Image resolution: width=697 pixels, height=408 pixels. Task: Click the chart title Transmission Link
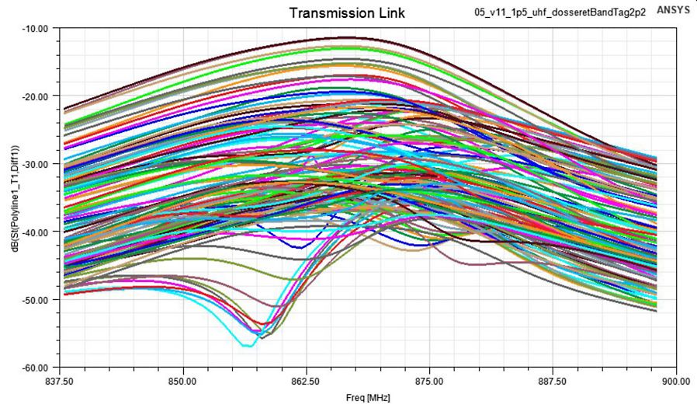click(347, 13)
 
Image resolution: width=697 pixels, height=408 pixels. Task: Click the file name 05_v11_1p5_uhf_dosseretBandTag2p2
click(560, 13)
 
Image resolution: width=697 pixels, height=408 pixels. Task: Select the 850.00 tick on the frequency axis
click(183, 382)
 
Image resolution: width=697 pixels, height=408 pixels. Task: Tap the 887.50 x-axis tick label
click(553, 382)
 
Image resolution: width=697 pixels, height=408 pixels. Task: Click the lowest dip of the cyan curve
click(247, 345)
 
